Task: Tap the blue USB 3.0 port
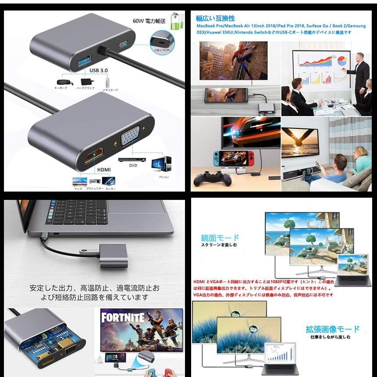point(85,60)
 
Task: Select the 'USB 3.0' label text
point(99,70)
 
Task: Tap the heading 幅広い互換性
point(215,18)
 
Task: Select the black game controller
point(213,178)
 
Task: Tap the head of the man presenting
point(359,57)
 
